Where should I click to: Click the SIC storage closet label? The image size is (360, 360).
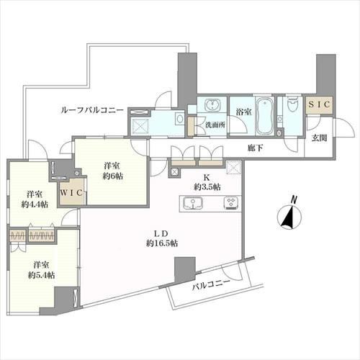click(x=319, y=104)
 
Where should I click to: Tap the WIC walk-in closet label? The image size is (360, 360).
click(x=71, y=193)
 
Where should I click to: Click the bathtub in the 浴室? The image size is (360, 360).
click(x=265, y=116)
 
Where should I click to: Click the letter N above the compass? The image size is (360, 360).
click(x=293, y=199)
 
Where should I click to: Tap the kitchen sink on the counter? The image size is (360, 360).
click(x=193, y=203)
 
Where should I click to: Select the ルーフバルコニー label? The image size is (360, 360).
click(x=92, y=110)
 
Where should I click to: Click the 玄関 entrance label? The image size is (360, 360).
click(x=319, y=138)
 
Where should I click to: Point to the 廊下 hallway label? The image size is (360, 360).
click(x=256, y=148)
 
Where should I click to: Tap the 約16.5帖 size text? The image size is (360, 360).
click(x=162, y=243)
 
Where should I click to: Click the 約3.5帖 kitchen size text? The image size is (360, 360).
click(x=207, y=187)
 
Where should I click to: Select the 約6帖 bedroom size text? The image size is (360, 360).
click(x=113, y=176)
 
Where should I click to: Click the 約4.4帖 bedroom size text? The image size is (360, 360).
click(x=35, y=204)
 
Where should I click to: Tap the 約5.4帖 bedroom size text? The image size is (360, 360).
click(x=41, y=275)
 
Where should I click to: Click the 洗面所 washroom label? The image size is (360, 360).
click(x=215, y=125)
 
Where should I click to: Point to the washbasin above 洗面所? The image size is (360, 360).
click(x=212, y=105)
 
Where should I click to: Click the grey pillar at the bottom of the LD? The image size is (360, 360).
click(x=185, y=269)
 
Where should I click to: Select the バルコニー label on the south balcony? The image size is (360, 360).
click(x=212, y=285)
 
